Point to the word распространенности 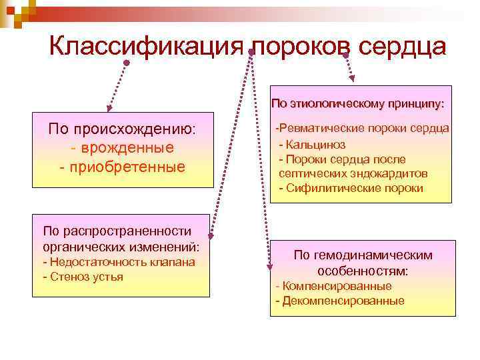tap(122, 231)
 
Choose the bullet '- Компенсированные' tap(333, 286)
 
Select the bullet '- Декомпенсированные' tap(340, 301)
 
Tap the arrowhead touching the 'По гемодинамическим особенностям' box tap(270, 267)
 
